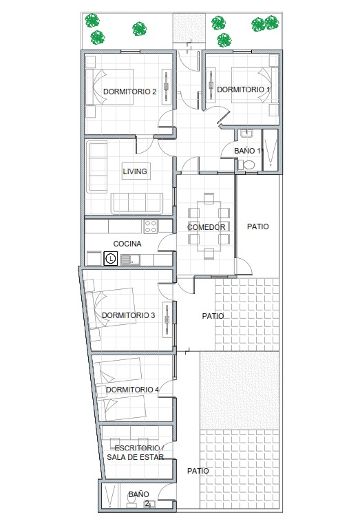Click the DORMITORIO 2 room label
(129, 92)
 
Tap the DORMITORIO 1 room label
(243, 89)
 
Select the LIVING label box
(136, 171)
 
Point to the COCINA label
(127, 244)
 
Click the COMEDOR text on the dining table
(206, 227)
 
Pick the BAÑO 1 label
(247, 151)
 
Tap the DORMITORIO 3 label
(128, 315)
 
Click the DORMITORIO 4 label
(132, 390)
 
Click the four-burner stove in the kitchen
(151, 226)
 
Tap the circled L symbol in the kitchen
(111, 259)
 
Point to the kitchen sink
(130, 260)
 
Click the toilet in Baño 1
(246, 165)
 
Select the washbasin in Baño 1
(246, 134)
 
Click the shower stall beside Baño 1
(271, 149)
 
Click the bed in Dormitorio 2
(109, 87)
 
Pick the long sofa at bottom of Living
(137, 203)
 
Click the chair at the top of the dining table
(209, 198)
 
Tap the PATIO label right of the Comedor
(258, 226)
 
